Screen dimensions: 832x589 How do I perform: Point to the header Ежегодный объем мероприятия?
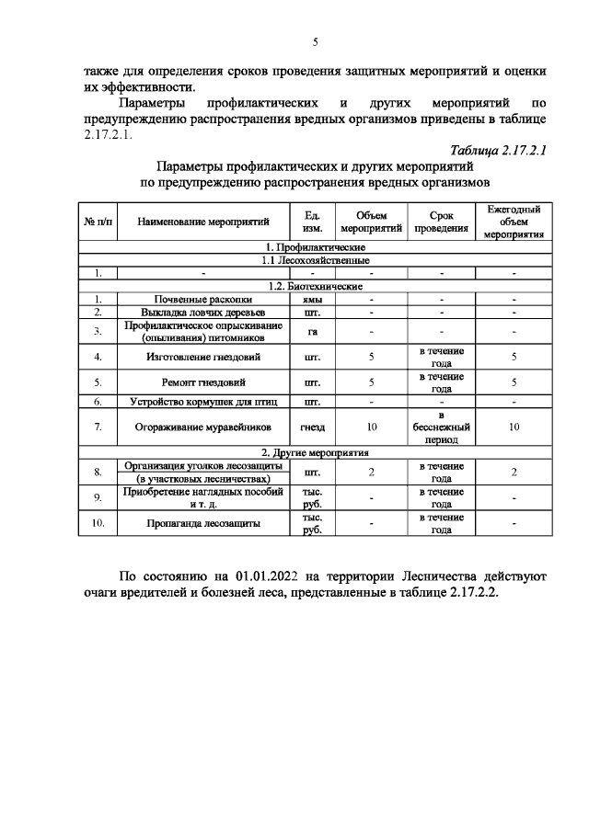(x=514, y=222)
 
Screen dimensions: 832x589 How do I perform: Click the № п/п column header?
(x=98, y=222)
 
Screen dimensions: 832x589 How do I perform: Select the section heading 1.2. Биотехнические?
(x=315, y=286)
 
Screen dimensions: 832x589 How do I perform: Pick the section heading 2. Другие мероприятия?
(x=315, y=453)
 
